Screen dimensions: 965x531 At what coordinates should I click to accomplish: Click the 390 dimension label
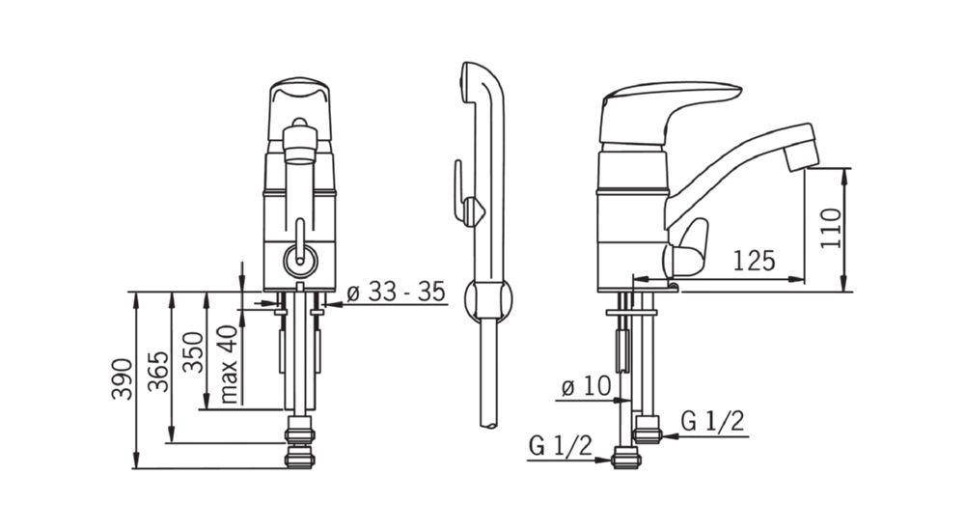(x=122, y=378)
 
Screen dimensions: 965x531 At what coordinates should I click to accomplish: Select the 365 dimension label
(x=158, y=371)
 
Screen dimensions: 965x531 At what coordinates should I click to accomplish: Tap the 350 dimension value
(x=193, y=352)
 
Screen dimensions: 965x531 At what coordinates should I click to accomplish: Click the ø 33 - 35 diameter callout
(x=396, y=292)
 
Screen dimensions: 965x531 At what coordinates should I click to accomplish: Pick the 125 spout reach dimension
(x=754, y=262)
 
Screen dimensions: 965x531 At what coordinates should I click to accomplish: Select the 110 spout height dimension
(x=830, y=228)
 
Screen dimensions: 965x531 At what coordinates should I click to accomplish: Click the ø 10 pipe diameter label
(x=587, y=387)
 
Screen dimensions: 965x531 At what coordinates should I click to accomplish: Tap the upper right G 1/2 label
(x=713, y=421)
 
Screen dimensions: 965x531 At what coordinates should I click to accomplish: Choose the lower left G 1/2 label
(x=560, y=445)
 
